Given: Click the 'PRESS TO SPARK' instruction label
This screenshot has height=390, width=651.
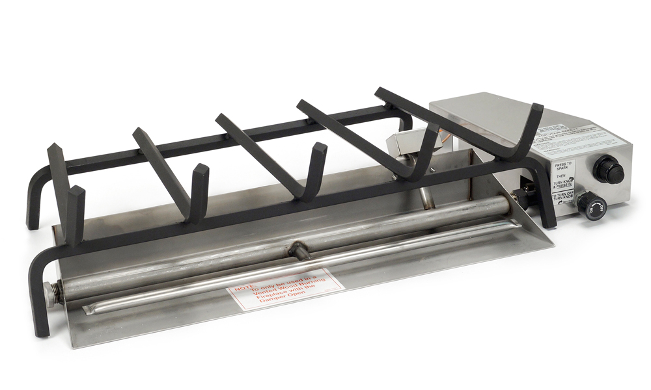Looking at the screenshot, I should point(562,167).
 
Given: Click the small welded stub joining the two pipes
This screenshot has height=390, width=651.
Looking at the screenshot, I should point(298,248).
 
